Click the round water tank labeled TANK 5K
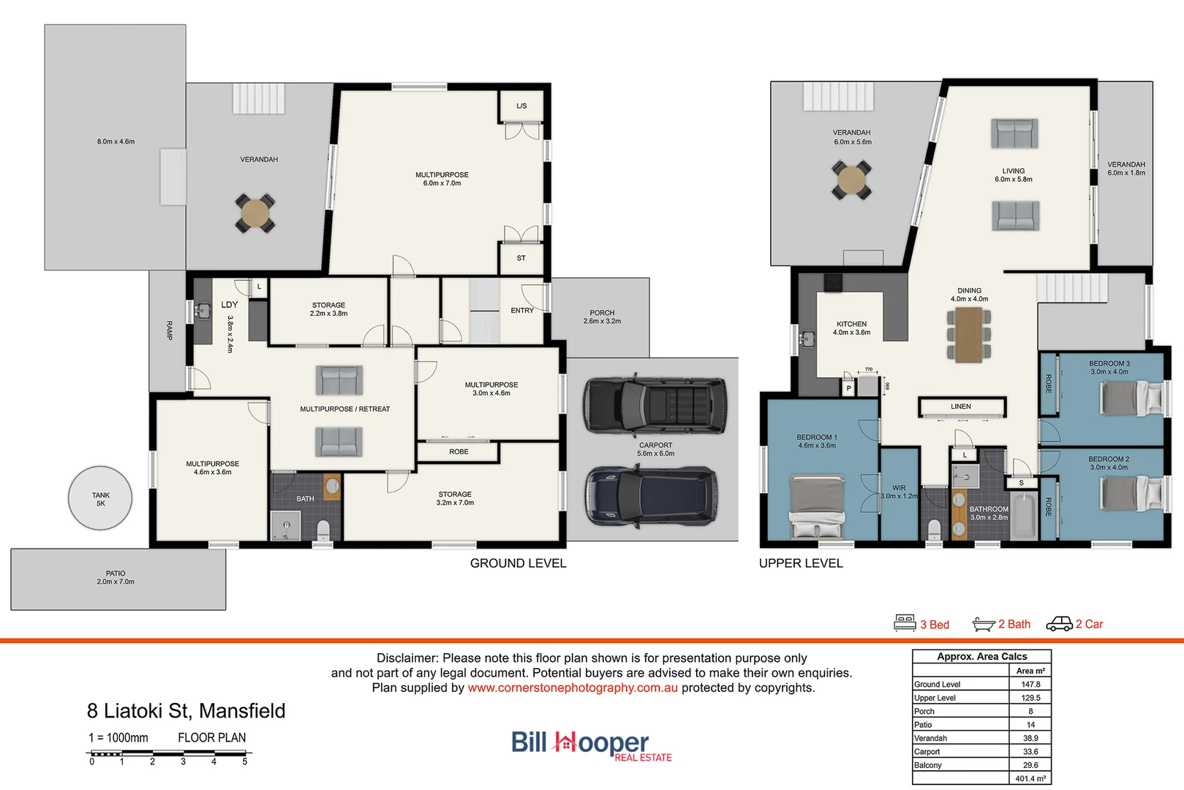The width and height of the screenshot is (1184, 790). [x=100, y=498]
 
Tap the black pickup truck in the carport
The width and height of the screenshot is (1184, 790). [x=655, y=406]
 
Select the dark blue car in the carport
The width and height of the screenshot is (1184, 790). [x=651, y=497]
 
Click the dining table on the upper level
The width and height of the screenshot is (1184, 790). [x=969, y=334]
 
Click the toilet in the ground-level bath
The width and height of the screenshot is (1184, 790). [x=323, y=529]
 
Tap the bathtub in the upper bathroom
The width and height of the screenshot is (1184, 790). [x=1024, y=516]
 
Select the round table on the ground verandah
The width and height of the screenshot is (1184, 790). [x=254, y=214]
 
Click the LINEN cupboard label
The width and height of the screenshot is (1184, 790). [x=961, y=407]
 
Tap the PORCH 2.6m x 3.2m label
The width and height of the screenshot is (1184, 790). [x=602, y=317]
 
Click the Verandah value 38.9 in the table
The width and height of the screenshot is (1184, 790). [x=1030, y=738]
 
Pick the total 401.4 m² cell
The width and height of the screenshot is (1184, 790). [x=1030, y=778]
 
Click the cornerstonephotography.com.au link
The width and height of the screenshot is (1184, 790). [x=573, y=688]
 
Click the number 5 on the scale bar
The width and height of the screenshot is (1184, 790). [x=244, y=761]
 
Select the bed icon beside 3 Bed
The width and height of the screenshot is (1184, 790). [x=905, y=623]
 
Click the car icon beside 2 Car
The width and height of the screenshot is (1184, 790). [x=1059, y=623]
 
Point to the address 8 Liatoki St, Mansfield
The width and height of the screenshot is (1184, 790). [x=186, y=711]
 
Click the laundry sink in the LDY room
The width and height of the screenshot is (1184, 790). [x=203, y=312]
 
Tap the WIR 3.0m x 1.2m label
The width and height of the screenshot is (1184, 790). [x=899, y=492]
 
